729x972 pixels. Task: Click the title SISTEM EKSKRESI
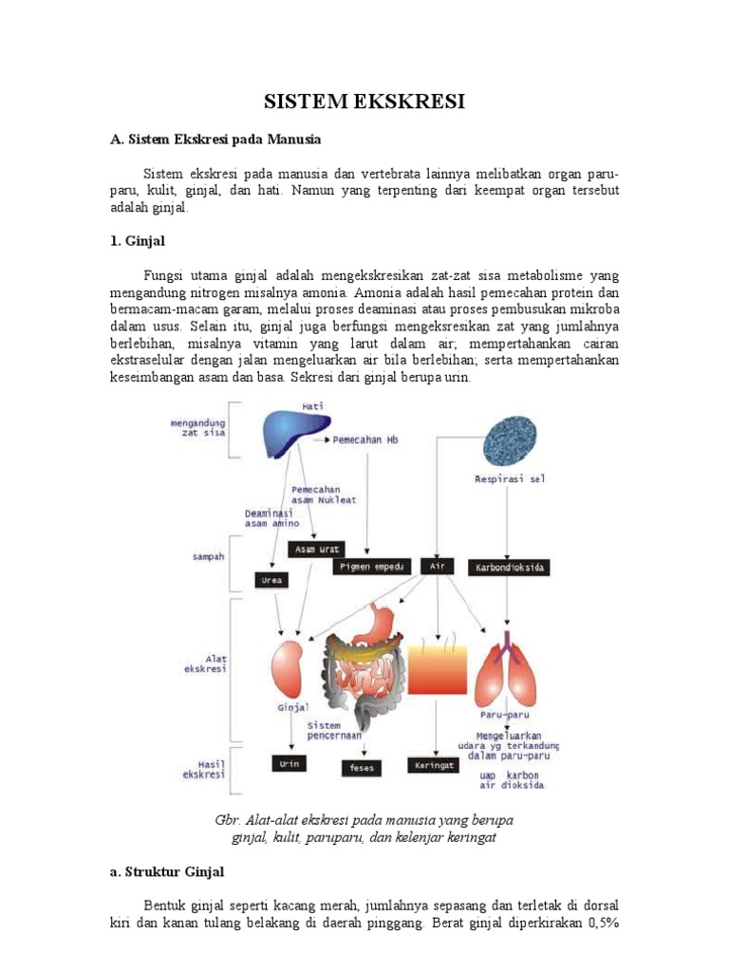[364, 101]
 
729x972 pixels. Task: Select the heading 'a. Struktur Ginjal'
[168, 869]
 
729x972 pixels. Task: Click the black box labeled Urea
[271, 579]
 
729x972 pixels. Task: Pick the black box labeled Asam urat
[318, 550]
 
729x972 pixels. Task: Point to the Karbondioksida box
[511, 568]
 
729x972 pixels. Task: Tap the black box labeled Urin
[289, 762]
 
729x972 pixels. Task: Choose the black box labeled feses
[362, 767]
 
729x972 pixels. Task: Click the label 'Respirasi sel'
[511, 479]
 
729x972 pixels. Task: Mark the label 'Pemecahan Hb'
[366, 440]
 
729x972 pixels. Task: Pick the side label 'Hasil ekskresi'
[203, 768]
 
